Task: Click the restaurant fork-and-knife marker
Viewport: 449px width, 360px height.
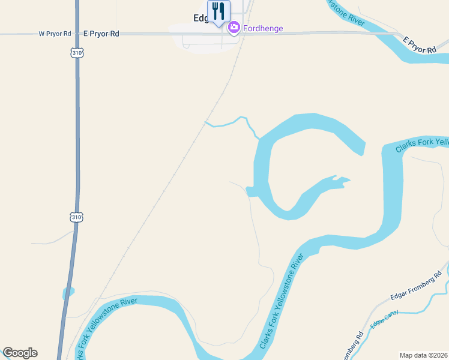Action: (218, 11)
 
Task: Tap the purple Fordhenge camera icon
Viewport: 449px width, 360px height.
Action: (234, 27)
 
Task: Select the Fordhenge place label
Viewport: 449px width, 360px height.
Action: (263, 28)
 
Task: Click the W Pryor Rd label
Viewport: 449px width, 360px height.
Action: (55, 34)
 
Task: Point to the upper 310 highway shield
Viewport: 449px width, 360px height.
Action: (76, 53)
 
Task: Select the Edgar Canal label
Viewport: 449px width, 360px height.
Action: (385, 323)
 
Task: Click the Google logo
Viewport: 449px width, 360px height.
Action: (20, 353)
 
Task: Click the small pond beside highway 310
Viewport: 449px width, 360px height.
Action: (68, 293)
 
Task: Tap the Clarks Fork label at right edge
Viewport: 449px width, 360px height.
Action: (423, 145)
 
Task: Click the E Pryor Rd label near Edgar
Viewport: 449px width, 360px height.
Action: (101, 34)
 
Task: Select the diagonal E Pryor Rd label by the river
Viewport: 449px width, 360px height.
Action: (420, 45)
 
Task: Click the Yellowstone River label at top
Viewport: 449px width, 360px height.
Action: (345, 13)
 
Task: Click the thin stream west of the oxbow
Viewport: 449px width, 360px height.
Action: (231, 123)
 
